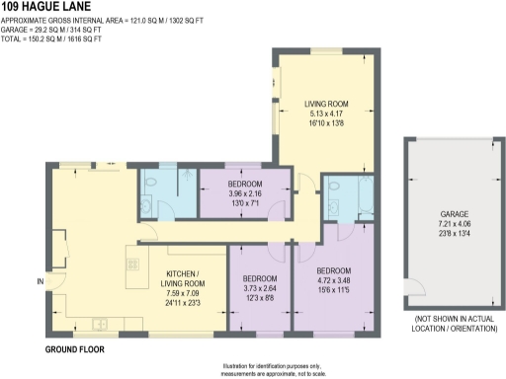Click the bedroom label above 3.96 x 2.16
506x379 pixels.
244,185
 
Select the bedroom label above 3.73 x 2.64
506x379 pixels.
260,278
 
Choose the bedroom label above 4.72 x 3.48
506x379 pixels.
334,269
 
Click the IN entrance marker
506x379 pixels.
40,283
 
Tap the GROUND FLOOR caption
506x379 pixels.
75,349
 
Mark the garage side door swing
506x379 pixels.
416,290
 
